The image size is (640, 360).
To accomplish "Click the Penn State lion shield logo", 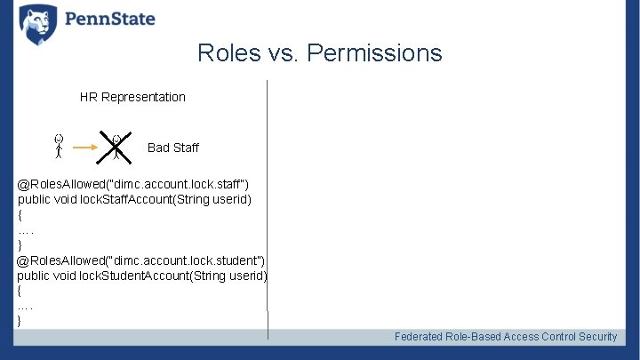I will [x=37, y=24].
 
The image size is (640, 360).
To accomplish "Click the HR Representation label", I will [x=132, y=97].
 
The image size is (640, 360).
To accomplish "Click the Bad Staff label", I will [x=172, y=148].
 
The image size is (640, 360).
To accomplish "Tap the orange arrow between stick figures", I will [x=87, y=148].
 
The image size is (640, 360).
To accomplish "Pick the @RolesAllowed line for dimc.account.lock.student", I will [x=140, y=260].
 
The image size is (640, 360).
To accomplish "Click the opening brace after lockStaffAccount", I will [x=20, y=214].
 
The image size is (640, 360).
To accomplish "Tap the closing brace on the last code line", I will [x=20, y=320].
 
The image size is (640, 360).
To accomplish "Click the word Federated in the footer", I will [x=420, y=337].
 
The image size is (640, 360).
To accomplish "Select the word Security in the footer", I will [x=597, y=337].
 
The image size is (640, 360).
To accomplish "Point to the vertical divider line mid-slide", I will [x=268, y=204].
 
